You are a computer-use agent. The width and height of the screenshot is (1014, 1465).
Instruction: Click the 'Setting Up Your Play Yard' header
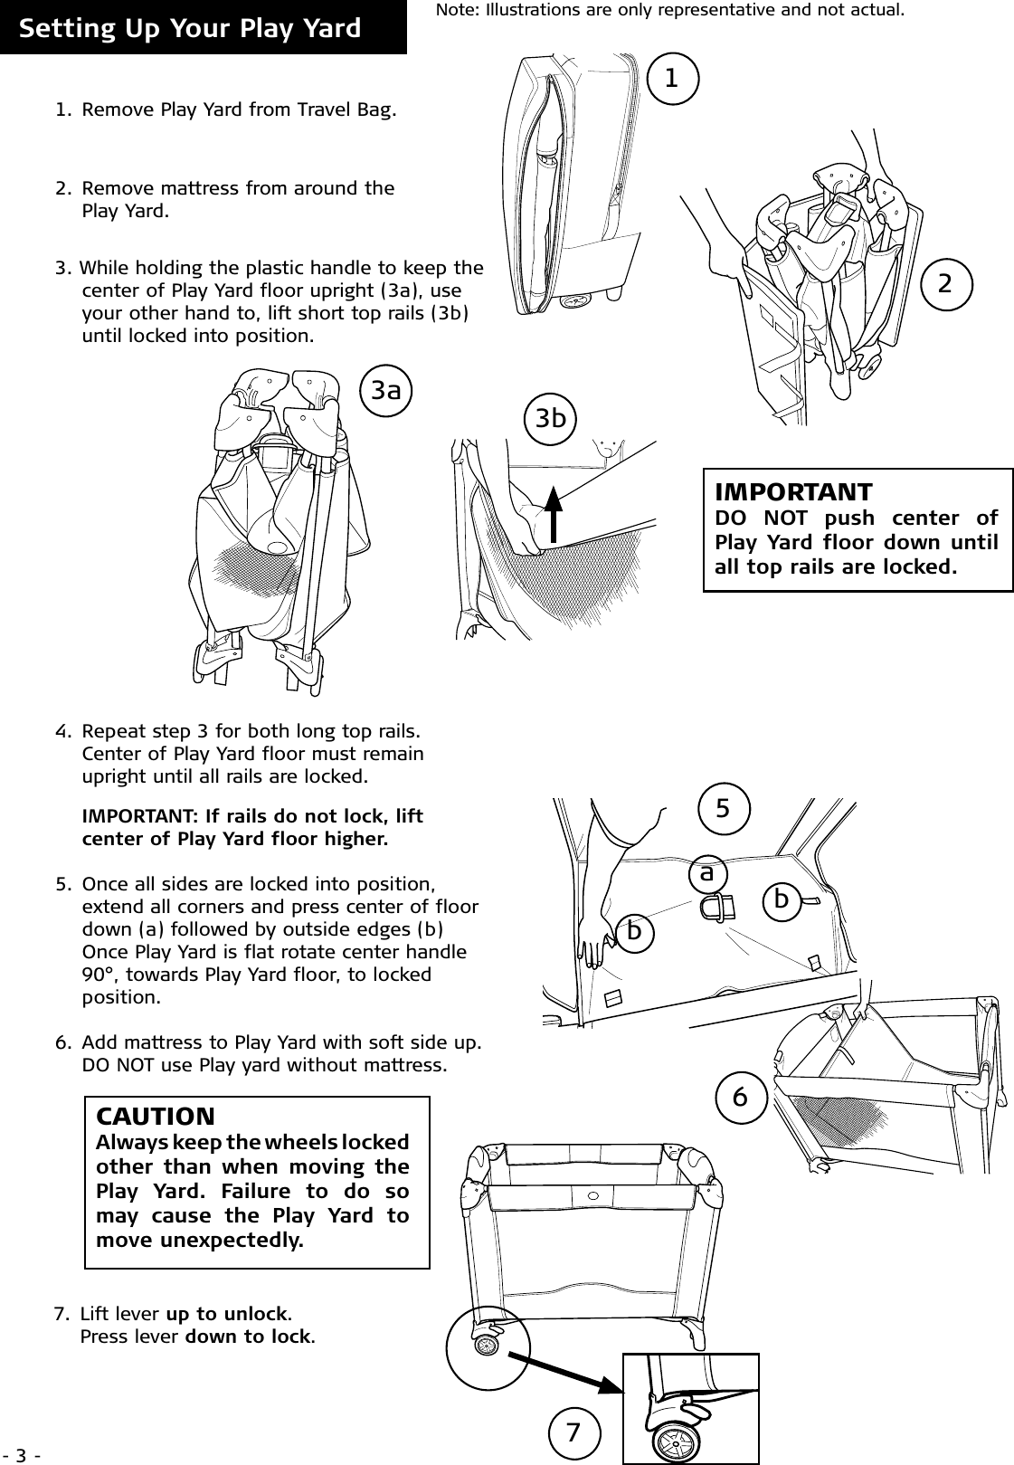point(190,29)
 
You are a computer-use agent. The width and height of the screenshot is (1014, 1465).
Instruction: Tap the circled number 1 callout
point(671,79)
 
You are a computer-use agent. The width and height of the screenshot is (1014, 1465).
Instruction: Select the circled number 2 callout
point(946,283)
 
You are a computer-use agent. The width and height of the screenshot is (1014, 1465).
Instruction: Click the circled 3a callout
point(386,390)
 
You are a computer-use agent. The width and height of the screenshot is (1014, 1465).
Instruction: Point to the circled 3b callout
point(551,418)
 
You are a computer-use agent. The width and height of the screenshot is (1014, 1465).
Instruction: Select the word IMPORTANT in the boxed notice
point(793,493)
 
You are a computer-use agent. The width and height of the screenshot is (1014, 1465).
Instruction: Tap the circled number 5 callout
point(723,807)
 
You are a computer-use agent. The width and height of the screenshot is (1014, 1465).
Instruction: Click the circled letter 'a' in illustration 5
point(706,873)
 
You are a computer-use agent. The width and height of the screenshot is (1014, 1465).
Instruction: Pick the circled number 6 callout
point(740,1098)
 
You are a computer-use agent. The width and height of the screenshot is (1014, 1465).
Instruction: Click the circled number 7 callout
point(573,1432)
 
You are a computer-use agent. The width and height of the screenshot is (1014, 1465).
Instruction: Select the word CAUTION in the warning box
point(156,1117)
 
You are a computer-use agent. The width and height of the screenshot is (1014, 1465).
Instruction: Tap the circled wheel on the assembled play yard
point(488,1346)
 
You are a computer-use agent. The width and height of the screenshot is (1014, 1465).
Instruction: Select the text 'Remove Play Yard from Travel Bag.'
point(239,111)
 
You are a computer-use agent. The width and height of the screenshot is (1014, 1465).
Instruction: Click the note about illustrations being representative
point(669,12)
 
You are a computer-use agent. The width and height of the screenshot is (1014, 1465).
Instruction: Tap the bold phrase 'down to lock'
point(249,1336)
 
